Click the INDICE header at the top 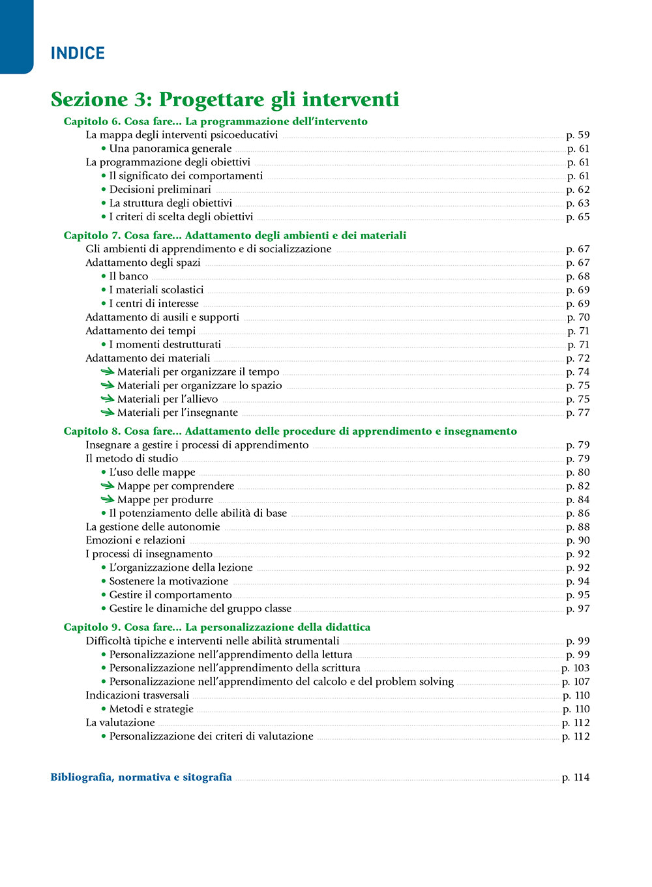click(x=78, y=53)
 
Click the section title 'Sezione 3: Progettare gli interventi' click(x=224, y=100)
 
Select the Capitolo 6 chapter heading click(x=215, y=121)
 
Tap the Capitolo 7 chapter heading click(x=235, y=235)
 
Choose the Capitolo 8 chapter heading click(x=290, y=431)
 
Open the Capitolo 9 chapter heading click(x=216, y=627)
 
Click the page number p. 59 click(x=578, y=135)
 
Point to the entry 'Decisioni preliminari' click(x=160, y=190)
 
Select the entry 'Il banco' click(x=128, y=276)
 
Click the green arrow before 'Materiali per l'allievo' click(x=107, y=399)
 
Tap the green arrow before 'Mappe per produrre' click(x=107, y=499)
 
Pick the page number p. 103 click(x=575, y=668)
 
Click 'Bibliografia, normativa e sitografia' click(x=141, y=777)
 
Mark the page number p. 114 click(x=575, y=777)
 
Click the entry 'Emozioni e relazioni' click(x=135, y=540)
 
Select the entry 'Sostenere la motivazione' click(x=168, y=581)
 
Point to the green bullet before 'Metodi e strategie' click(x=104, y=709)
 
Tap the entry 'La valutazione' click(x=120, y=723)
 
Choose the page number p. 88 click(x=578, y=527)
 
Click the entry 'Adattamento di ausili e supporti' click(x=162, y=317)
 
